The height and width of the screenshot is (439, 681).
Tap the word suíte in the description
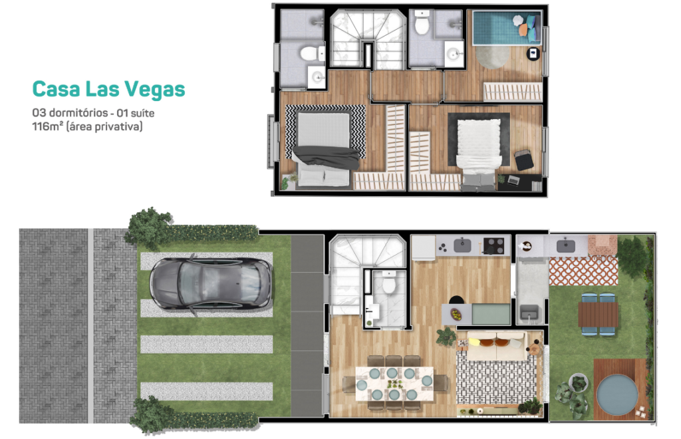tap(142, 113)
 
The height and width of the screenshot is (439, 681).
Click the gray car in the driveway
tap(211, 283)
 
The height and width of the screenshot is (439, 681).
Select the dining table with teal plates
tap(394, 383)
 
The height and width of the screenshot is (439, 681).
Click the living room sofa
tap(497, 346)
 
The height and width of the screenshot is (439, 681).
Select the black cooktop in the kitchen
tap(494, 245)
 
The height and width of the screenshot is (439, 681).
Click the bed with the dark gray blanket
tap(324, 148)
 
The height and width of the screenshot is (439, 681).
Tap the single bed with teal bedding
tap(507, 28)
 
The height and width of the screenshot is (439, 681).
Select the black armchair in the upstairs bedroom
tap(524, 160)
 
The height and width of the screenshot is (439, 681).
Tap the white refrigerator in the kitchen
tap(424, 248)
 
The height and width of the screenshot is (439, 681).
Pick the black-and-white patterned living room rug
tap(496, 380)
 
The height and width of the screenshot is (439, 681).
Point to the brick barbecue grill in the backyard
tap(603, 245)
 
